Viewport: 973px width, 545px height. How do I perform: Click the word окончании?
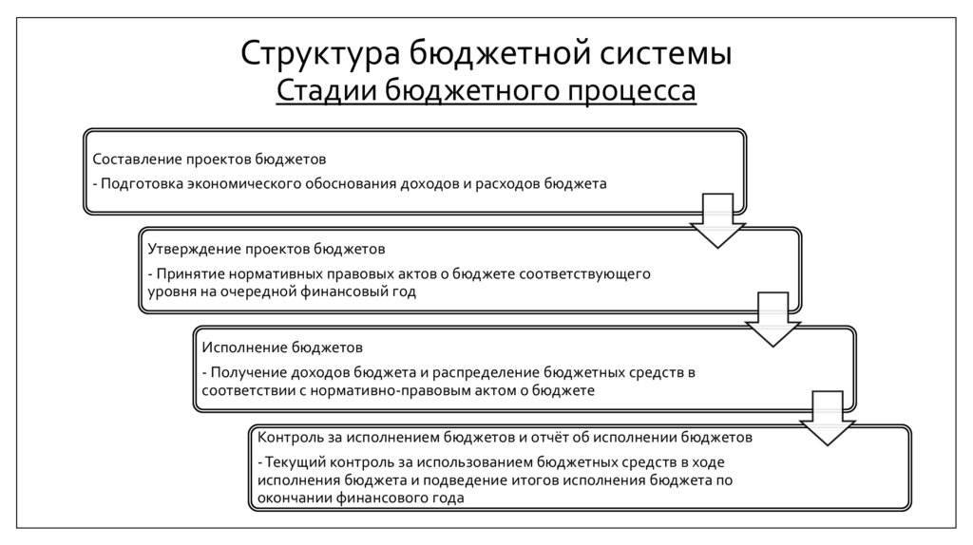[x=295, y=499]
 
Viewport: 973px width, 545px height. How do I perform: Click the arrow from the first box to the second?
[x=715, y=219]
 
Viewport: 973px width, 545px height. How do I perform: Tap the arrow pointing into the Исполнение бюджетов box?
[x=772, y=319]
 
